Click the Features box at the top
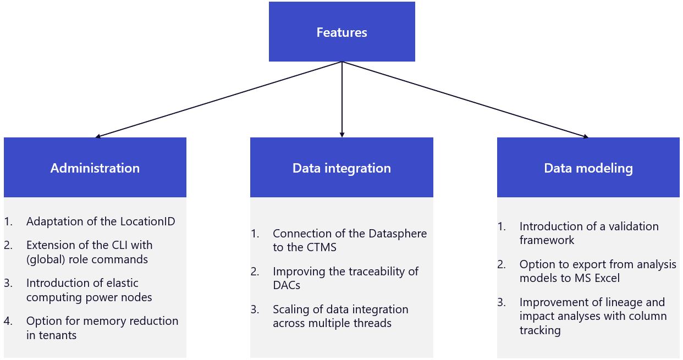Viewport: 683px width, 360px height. (341, 32)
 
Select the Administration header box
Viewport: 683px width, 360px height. (95, 168)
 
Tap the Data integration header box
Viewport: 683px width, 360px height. (341, 168)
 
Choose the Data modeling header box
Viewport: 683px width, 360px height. (588, 168)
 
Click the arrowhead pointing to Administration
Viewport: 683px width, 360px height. (98, 136)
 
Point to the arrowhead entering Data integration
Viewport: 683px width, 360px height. (342, 135)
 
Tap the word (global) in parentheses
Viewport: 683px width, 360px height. (46, 259)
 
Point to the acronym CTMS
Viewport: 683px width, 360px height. (321, 247)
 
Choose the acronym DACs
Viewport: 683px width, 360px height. (287, 285)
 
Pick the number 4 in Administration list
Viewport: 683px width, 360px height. (8, 321)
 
